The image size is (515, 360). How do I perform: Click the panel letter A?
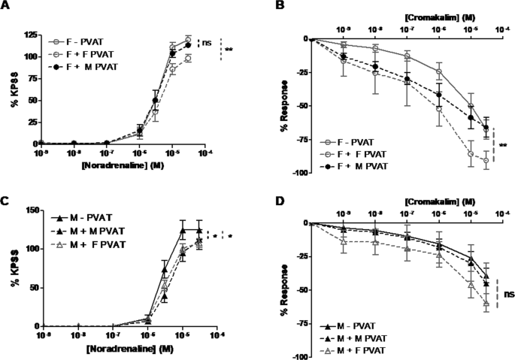pyautogui.click(x=7, y=8)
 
